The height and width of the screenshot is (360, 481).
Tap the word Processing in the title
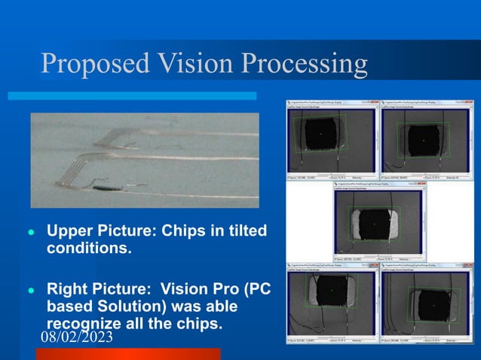(x=305, y=66)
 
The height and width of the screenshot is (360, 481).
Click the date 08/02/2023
(x=77, y=337)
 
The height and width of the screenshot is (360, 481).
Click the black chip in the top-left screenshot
(x=320, y=136)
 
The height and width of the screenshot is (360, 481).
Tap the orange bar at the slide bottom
(x=128, y=354)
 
